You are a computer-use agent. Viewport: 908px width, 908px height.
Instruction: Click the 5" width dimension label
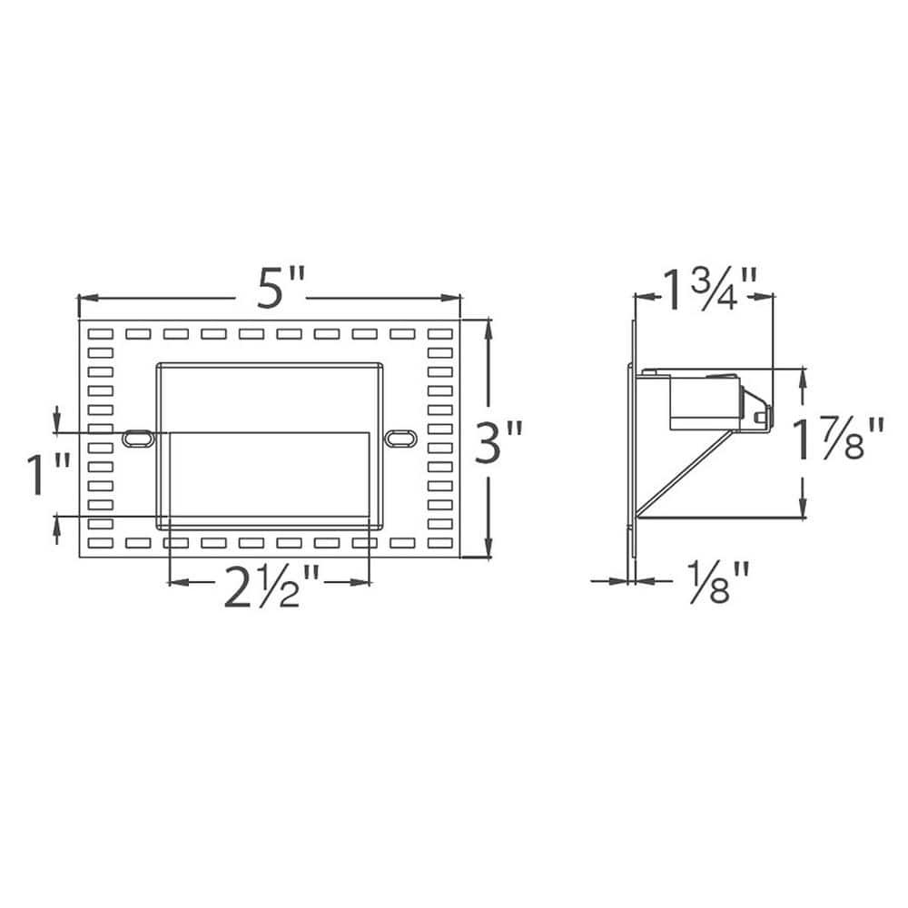click(x=270, y=291)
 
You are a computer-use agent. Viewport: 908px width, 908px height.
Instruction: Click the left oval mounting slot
click(x=137, y=438)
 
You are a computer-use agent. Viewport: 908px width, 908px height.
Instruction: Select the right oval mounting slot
click(x=398, y=438)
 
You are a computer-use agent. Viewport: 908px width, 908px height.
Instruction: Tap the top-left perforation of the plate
click(x=100, y=334)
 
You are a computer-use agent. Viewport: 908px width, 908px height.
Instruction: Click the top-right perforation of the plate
click(x=439, y=334)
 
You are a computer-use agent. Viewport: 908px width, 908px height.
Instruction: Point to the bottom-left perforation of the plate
click(x=100, y=543)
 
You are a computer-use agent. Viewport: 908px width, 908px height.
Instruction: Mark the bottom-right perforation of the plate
click(x=439, y=543)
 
